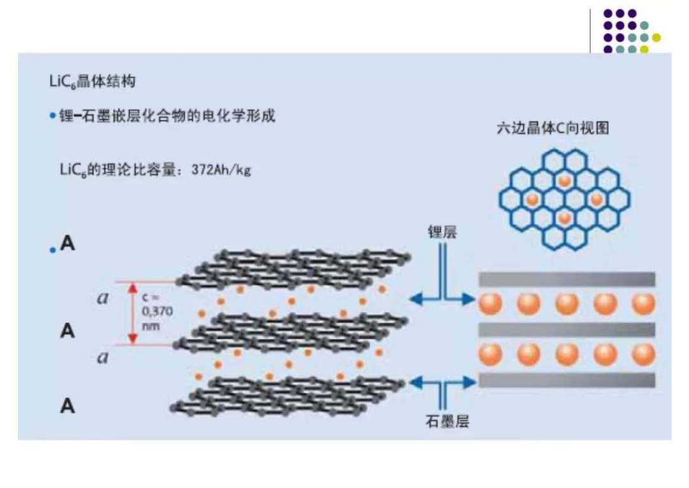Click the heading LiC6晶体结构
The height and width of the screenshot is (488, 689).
93,81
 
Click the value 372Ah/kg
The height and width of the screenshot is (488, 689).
221,170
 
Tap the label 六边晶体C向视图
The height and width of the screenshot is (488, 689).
552,128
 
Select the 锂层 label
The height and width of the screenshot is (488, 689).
443,233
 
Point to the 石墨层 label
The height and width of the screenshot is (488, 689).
447,422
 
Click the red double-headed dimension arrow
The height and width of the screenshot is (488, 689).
133,314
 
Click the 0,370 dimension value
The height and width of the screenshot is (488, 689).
158,312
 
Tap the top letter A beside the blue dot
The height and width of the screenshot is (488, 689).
67,243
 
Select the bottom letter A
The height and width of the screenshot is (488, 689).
67,406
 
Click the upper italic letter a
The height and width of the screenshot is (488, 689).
103,298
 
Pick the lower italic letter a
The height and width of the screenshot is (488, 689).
103,357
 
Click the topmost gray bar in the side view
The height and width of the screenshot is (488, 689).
567,279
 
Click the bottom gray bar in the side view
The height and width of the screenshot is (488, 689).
567,380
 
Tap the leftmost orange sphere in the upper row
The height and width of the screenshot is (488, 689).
491,303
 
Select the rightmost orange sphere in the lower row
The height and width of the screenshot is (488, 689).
644,355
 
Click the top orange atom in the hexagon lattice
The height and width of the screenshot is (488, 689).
565,180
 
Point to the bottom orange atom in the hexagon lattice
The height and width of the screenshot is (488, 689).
565,218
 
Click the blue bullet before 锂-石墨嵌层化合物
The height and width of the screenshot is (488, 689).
53,116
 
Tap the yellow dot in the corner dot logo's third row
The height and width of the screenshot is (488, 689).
656,38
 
